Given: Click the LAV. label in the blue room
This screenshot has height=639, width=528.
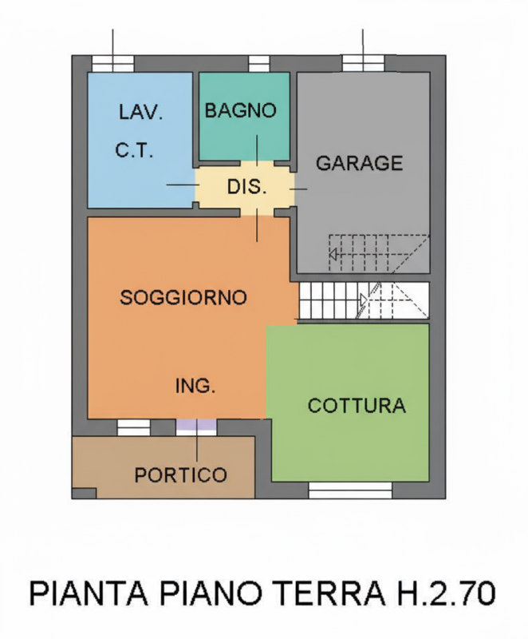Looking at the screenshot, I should click(x=140, y=113).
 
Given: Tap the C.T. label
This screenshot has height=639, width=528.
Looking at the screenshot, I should click(x=134, y=150).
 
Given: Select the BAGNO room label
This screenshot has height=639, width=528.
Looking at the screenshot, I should click(x=240, y=111).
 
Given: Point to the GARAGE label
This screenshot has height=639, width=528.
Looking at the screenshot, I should click(x=360, y=164).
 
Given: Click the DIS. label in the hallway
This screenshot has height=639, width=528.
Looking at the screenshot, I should click(x=246, y=189).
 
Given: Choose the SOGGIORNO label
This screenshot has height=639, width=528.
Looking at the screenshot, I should click(x=183, y=297).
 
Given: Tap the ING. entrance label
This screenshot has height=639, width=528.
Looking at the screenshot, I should click(x=195, y=387).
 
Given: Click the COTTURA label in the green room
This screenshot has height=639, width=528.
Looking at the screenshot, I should click(x=357, y=406).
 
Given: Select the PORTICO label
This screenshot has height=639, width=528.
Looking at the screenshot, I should click(x=180, y=475).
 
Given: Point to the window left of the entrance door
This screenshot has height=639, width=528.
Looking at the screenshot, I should click(x=134, y=428).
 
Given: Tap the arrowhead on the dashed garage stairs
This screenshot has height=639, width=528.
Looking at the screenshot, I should click(x=334, y=255).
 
